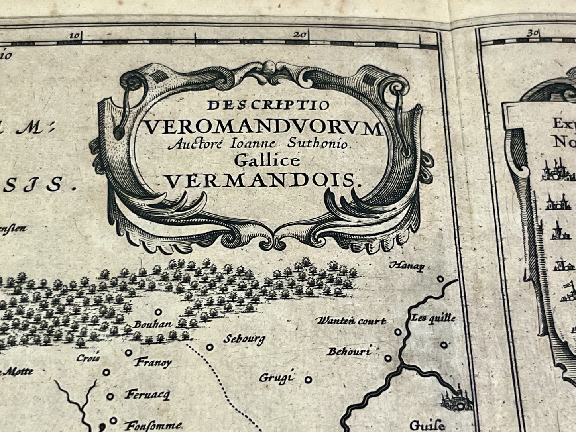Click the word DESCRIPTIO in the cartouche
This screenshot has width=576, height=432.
(x=268, y=105)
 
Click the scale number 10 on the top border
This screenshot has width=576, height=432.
(x=75, y=35)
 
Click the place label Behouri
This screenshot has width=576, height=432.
(x=349, y=351)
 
